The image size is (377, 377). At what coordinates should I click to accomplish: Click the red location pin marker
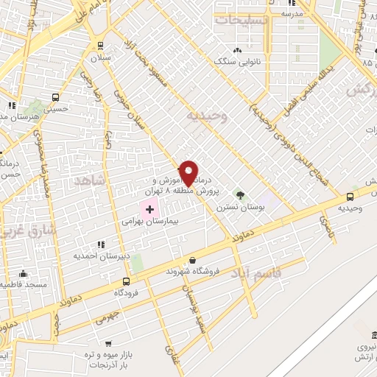click(x=188, y=174)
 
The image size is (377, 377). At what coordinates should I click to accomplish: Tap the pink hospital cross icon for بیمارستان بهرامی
click(x=150, y=210)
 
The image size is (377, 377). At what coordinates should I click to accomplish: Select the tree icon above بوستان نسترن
click(x=239, y=194)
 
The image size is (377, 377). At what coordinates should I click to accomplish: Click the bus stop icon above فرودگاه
click(x=127, y=281)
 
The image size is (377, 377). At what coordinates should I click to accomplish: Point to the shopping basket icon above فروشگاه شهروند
click(x=192, y=260)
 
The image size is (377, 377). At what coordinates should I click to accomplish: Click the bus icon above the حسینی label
click(x=56, y=98)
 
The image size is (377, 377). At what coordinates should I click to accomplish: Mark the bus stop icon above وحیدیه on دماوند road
click(x=350, y=197)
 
